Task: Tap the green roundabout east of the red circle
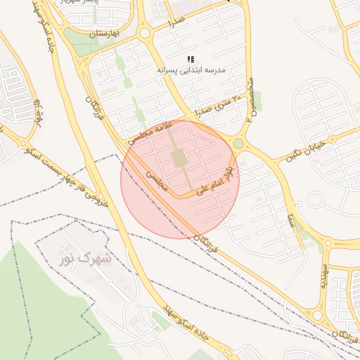238,144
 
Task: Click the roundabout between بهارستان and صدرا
145,33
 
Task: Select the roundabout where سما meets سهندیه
327,244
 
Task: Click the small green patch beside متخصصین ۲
258,101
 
